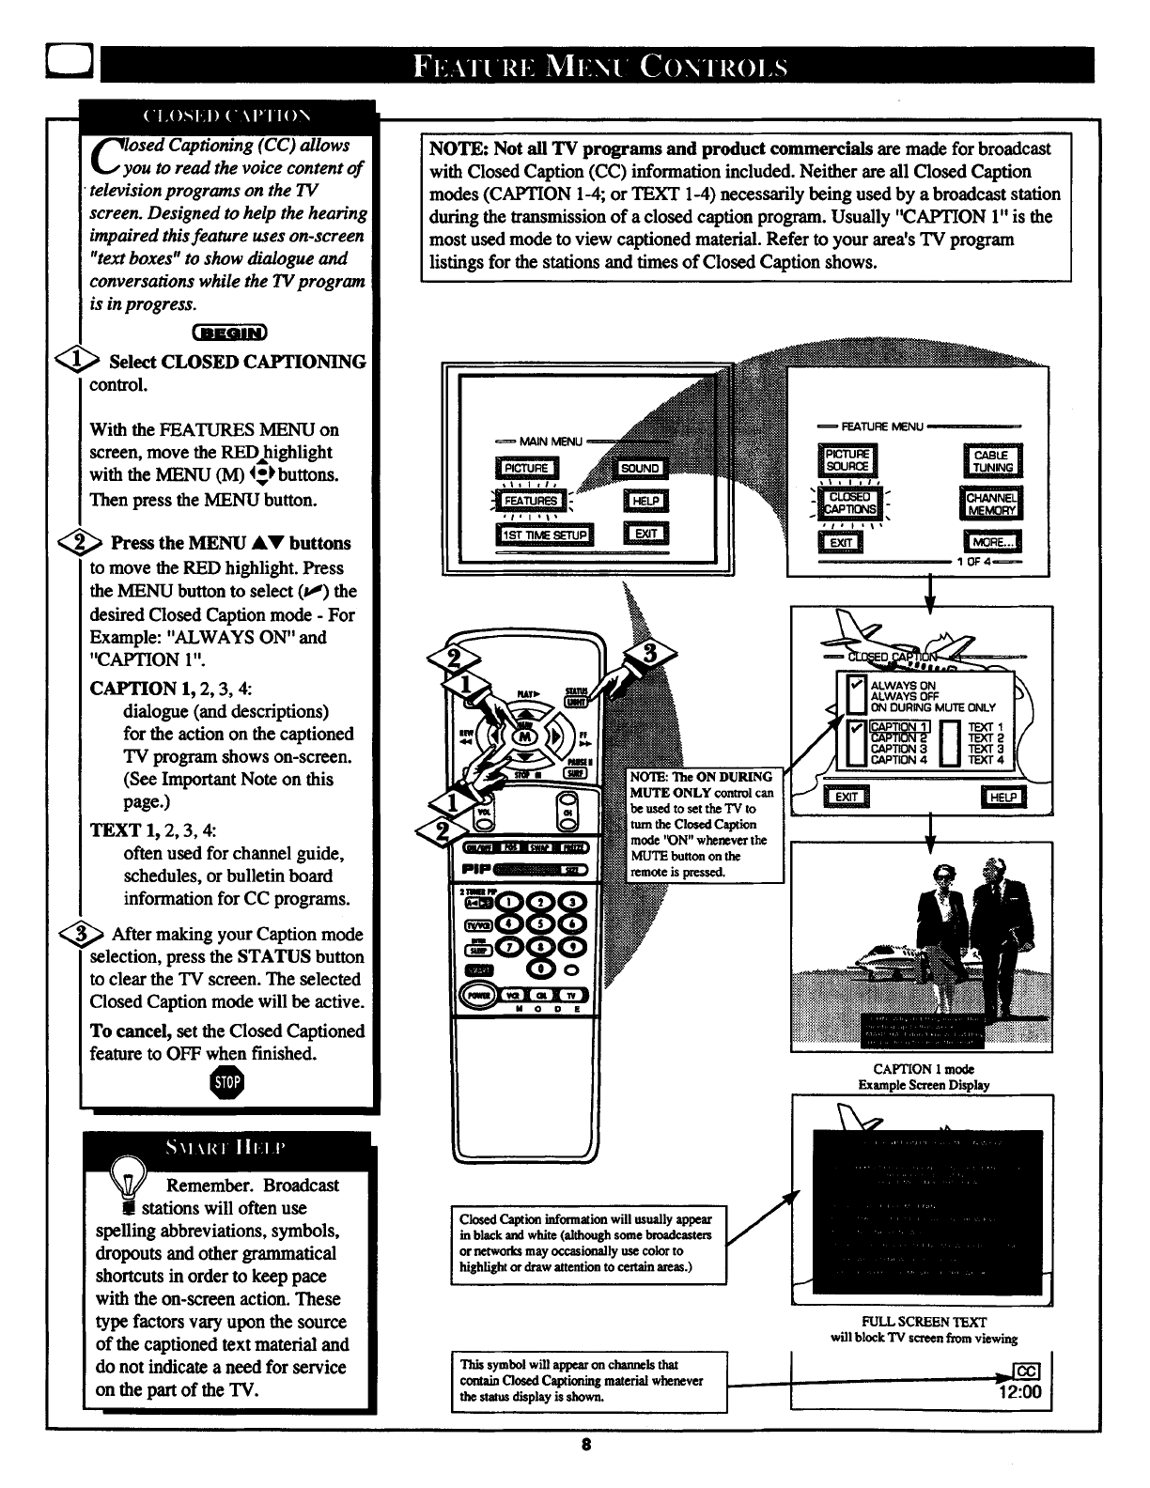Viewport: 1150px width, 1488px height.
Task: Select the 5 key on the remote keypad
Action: (543, 923)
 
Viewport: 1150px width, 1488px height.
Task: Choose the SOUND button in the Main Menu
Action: (641, 468)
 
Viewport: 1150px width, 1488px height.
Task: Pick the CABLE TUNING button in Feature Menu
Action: (992, 461)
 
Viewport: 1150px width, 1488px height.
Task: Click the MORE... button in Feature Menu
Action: (992, 543)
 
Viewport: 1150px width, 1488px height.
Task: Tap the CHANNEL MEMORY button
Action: (992, 504)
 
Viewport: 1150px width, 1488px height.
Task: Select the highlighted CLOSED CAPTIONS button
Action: (850, 504)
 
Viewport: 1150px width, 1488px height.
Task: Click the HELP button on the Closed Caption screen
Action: (1002, 798)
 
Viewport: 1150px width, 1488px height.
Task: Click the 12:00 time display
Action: (1021, 1392)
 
